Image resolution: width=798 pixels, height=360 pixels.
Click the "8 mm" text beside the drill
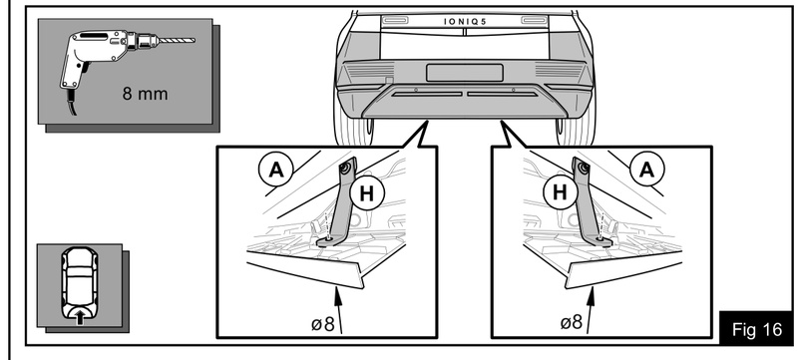click(145, 94)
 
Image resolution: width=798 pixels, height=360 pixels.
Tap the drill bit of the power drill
click(178, 40)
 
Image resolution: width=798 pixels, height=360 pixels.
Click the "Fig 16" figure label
click(757, 329)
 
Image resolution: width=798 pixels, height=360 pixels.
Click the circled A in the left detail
click(276, 170)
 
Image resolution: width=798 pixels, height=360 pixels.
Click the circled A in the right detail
click(646, 170)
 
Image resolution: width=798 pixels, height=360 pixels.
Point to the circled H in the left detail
click(366, 193)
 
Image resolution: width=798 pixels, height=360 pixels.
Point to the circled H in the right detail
click(560, 192)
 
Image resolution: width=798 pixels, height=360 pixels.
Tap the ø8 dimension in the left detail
click(322, 323)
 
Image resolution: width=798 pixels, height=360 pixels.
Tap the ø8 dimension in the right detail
click(571, 322)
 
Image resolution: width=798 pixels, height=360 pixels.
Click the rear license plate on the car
click(464, 73)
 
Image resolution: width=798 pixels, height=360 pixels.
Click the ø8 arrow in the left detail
click(339, 310)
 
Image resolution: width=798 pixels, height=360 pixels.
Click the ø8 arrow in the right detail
click(589, 310)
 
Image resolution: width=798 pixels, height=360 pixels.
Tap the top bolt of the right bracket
click(582, 166)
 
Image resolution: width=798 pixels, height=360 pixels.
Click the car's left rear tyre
click(352, 132)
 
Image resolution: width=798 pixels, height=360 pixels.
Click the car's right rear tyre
click(577, 132)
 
